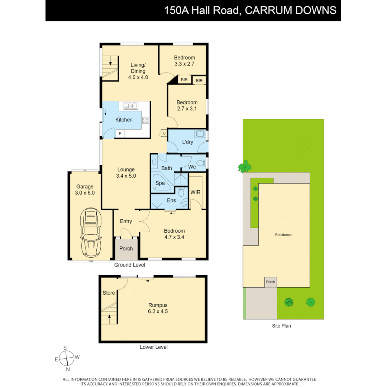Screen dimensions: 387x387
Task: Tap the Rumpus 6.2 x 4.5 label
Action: tap(158, 309)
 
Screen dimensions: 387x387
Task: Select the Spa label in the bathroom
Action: tap(160, 183)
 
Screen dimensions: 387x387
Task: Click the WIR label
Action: tap(196, 192)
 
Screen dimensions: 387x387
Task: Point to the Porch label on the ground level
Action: tap(126, 248)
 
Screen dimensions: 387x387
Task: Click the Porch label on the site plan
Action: tap(271, 282)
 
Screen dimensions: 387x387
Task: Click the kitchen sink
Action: tap(131, 106)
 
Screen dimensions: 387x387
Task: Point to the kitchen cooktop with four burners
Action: tap(145, 120)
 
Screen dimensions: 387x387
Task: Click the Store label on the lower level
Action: tap(109, 293)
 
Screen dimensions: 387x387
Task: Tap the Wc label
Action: tap(192, 167)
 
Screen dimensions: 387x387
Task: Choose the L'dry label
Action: tap(187, 142)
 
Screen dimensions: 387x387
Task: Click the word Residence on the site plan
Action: tap(283, 235)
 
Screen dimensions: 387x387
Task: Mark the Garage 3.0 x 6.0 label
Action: tap(85, 190)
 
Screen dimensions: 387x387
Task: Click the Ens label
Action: tap(171, 200)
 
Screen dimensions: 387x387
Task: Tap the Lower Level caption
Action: tap(153, 347)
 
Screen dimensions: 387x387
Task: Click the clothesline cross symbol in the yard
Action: tap(306, 147)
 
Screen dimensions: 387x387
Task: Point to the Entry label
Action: tap(126, 221)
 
